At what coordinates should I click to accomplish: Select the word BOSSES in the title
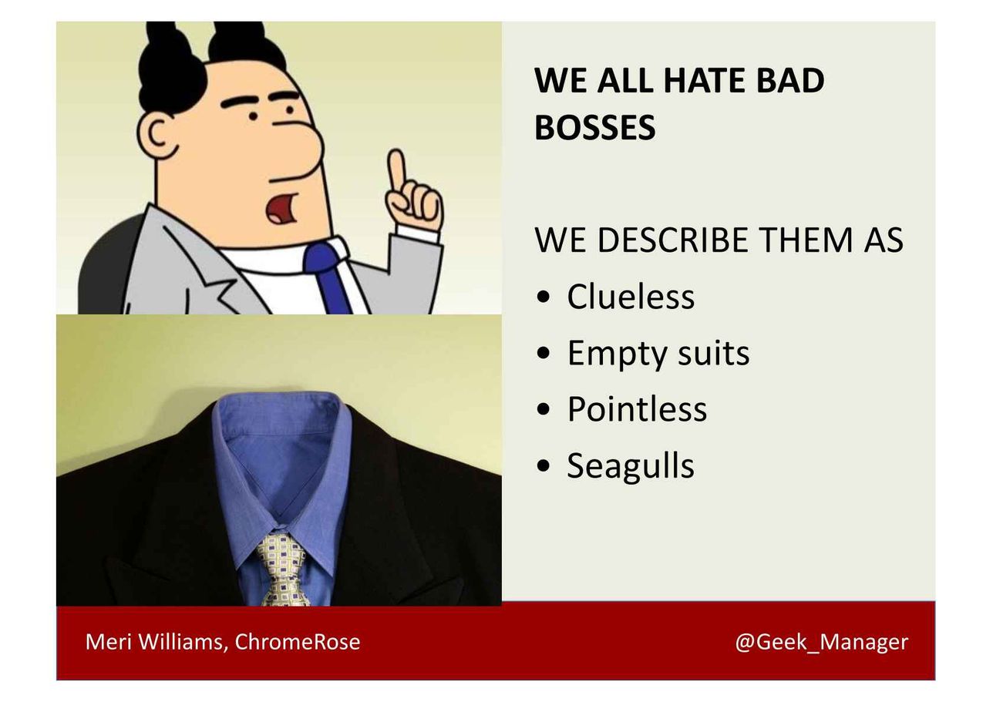[x=595, y=127]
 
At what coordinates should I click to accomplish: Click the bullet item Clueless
[x=631, y=297]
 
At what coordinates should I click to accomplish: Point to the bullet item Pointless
[x=637, y=409]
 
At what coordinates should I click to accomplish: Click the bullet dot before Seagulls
[x=543, y=466]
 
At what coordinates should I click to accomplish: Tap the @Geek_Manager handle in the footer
[x=821, y=642]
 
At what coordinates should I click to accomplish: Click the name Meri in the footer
[x=109, y=642]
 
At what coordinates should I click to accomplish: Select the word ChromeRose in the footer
[x=298, y=642]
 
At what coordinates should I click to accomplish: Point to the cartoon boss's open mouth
[x=282, y=207]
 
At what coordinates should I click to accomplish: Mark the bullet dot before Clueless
[x=543, y=297]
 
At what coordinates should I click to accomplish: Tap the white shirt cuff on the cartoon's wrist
[x=418, y=233]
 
